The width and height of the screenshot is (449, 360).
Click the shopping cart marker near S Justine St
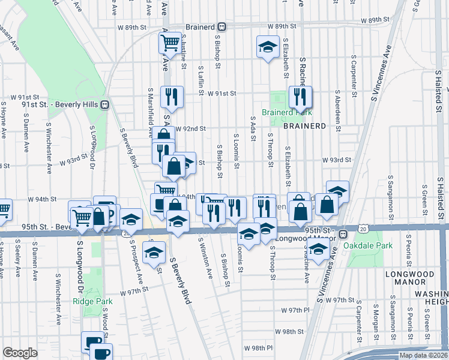coord(170,43)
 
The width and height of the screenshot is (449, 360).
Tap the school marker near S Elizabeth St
coord(268,47)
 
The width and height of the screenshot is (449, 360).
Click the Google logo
coord(20,353)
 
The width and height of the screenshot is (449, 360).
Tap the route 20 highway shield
coord(362,228)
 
